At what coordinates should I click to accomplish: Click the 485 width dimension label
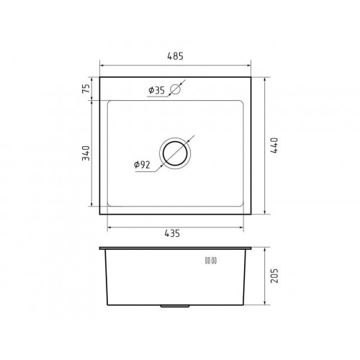[x=175, y=56]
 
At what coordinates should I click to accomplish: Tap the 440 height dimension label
[x=274, y=145]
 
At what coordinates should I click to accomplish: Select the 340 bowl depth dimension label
[x=86, y=153]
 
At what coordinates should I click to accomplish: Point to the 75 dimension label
[x=86, y=89]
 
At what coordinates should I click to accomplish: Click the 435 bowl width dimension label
[x=172, y=233]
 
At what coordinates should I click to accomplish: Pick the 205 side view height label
[x=274, y=276]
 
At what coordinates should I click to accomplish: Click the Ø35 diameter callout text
[x=157, y=90]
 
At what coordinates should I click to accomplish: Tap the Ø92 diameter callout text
[x=142, y=165]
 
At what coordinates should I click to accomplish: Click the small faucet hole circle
[x=175, y=89]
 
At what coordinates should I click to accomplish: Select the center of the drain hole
[x=175, y=153]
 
